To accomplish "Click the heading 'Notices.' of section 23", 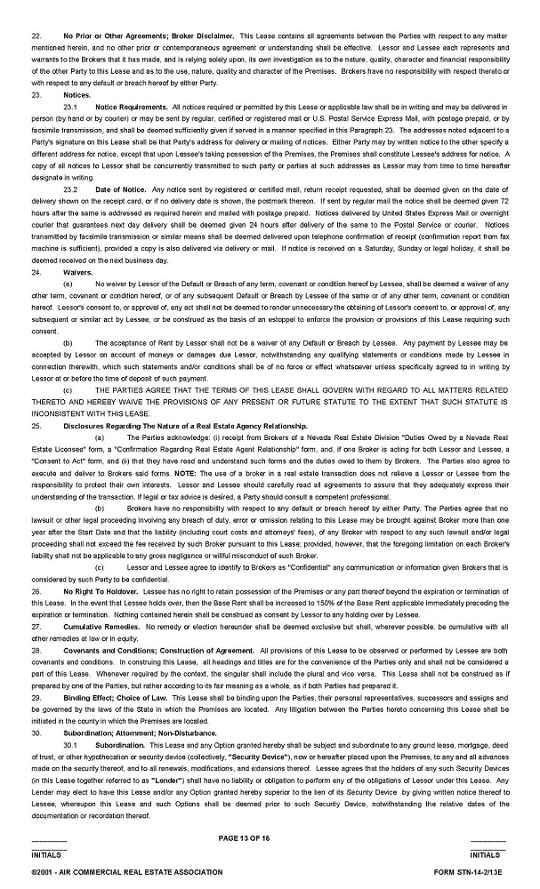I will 77,93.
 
